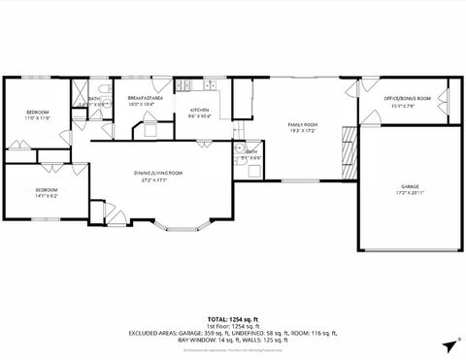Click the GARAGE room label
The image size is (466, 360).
pos(411,185)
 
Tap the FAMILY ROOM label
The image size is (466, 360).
pos(303,125)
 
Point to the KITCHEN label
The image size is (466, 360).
pos(200,110)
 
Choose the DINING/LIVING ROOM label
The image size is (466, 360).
pos(158,173)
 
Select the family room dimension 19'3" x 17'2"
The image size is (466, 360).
pos(303,131)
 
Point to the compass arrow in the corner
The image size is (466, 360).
pos(449,344)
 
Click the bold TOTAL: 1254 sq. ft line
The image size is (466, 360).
pos(232,318)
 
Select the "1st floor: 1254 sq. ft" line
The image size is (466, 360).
pos(232,325)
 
